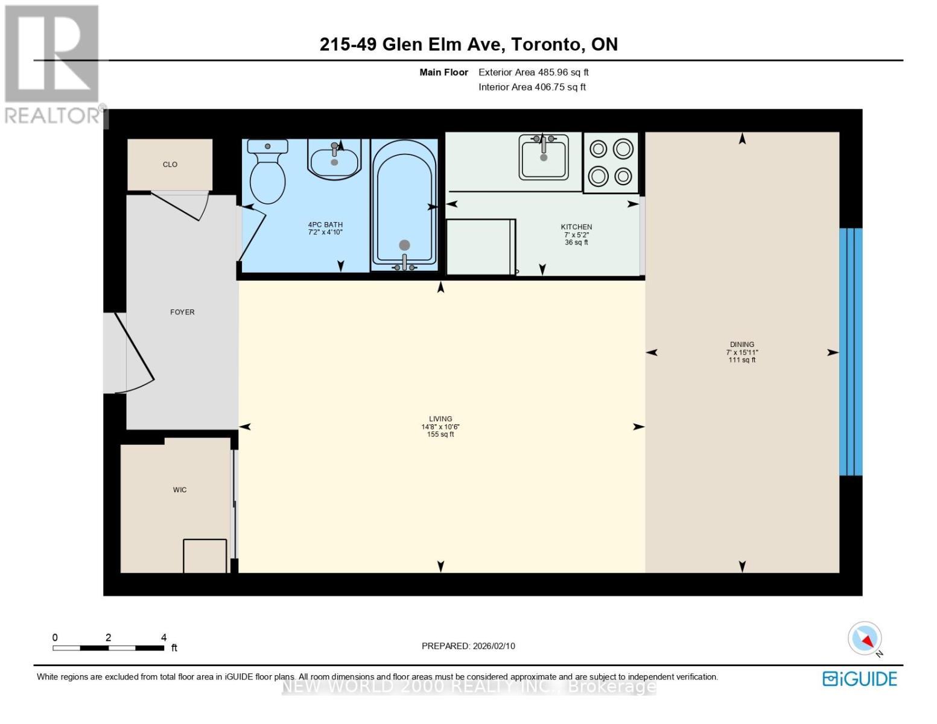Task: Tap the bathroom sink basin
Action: point(334,160)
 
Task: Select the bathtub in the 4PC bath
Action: point(404,205)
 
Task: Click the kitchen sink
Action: point(544,157)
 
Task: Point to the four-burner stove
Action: point(611,162)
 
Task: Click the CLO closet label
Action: point(170,165)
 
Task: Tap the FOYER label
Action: point(182,312)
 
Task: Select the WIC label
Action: point(180,490)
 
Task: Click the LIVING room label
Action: point(440,419)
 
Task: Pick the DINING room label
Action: point(742,345)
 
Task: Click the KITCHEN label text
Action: point(576,227)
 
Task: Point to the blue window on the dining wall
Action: point(851,352)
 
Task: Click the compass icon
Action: point(865,638)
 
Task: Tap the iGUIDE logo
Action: point(860,679)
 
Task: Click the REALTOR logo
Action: point(52,63)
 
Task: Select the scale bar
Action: point(109,648)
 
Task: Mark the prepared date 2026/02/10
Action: point(494,646)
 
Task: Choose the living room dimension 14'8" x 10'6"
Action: point(440,427)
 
